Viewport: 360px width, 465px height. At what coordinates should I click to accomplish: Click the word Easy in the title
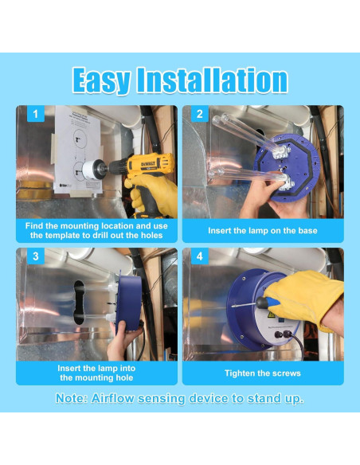tap(102, 80)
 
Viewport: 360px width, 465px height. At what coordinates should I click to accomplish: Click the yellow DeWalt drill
tap(148, 172)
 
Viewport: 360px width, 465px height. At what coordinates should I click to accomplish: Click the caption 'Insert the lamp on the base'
tap(262, 230)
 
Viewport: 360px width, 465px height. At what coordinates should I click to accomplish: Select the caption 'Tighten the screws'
tap(262, 373)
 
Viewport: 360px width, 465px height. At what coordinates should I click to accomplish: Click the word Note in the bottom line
tap(72, 398)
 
